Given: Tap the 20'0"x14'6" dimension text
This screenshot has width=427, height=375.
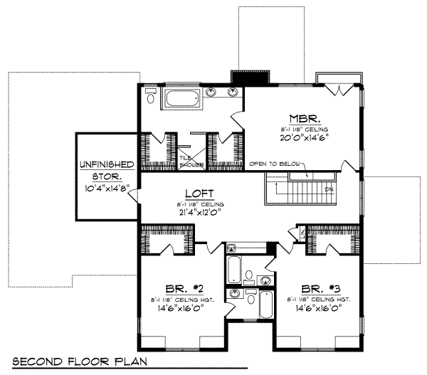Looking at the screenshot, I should (x=304, y=139).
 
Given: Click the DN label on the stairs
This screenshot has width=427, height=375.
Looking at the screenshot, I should (x=329, y=189).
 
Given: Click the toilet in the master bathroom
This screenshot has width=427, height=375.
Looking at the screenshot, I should (x=149, y=94).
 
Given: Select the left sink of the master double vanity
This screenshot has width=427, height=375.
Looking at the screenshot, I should (x=213, y=92).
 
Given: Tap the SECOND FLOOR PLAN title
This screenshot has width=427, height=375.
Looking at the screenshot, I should (x=78, y=360).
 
